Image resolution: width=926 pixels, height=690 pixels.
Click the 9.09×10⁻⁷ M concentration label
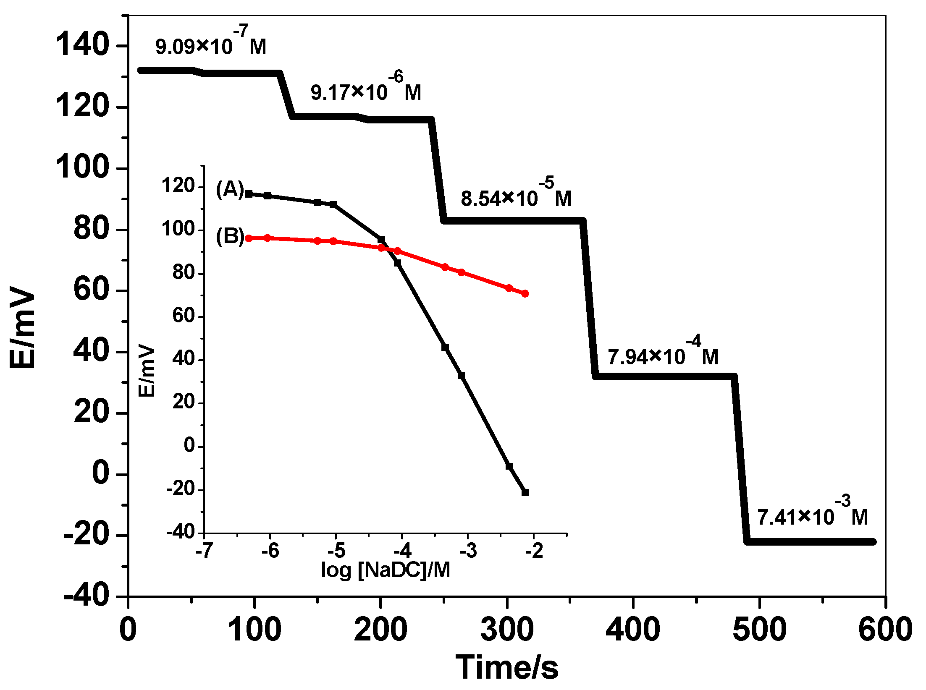[x=210, y=43]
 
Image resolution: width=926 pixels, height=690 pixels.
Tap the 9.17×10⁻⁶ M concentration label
[x=365, y=89]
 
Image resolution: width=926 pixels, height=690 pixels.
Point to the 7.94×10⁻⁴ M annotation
[x=663, y=354]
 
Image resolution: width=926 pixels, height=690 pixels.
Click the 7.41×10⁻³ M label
[x=812, y=514]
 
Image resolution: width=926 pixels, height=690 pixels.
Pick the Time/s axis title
[x=507, y=667]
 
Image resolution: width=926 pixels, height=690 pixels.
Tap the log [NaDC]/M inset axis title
[x=385, y=570]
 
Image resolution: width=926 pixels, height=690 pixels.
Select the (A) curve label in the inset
[x=230, y=190]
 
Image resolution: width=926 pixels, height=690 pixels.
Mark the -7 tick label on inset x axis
[x=204, y=551]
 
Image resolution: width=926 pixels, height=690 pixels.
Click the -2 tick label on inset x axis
[x=534, y=551]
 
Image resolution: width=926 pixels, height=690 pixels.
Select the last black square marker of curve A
[x=525, y=492]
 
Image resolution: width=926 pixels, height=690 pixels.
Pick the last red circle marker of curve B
[x=525, y=294]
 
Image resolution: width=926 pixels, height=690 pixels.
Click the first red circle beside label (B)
[x=249, y=238]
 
